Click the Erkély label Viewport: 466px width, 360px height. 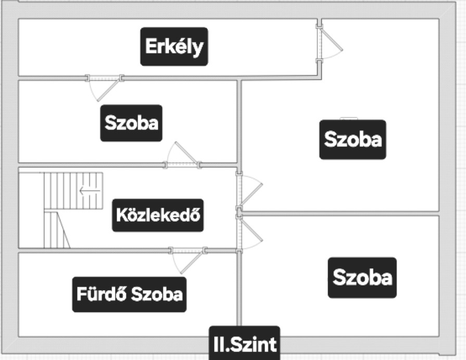174,46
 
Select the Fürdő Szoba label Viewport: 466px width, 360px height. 129,294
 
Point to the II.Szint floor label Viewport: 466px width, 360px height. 244,343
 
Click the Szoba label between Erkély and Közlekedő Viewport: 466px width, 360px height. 131,123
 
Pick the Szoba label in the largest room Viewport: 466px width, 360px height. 352,139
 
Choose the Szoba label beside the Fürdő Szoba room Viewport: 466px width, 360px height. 362,277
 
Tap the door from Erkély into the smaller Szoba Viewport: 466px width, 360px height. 105,86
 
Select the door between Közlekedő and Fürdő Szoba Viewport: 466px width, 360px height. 188,257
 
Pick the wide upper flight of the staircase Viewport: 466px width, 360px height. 73,191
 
